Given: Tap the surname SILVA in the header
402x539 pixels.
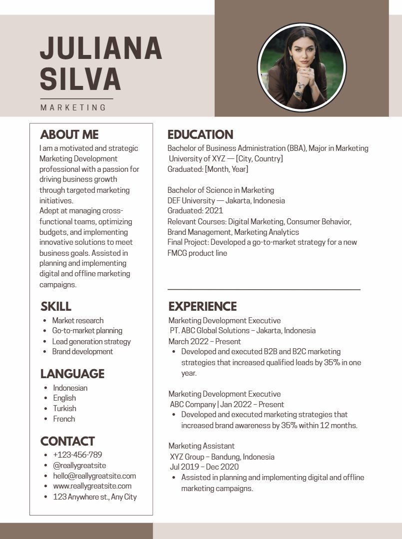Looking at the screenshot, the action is coord(80,79).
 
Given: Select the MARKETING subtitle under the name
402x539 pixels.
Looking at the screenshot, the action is coord(73,107).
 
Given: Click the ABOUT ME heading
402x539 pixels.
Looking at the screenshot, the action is coord(69,134).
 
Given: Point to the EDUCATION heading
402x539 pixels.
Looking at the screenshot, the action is coord(200,134).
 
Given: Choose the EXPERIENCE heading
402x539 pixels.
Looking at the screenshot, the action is coord(202,306).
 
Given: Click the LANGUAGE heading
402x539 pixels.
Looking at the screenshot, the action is coord(72,374).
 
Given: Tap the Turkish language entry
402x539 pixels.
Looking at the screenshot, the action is coord(65,408).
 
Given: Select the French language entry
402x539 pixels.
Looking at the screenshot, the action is coord(64,419).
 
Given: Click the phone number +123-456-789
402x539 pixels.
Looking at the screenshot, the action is coord(77,455).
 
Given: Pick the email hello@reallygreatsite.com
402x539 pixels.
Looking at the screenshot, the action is coord(94,476).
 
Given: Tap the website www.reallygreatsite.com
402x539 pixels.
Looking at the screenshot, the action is coord(92,486).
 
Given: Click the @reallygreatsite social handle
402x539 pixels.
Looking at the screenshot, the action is coord(79,465).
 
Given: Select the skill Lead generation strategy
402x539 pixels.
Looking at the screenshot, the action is coord(91,341).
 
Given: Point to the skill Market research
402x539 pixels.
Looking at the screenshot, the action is coord(78,320).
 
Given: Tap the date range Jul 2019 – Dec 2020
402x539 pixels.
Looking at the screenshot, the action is coord(204,467).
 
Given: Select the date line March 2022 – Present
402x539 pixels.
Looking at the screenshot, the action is coord(205,341).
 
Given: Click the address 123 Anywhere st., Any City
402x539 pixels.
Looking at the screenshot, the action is coord(95,497).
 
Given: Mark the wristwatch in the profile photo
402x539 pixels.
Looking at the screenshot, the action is coord(298,93).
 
